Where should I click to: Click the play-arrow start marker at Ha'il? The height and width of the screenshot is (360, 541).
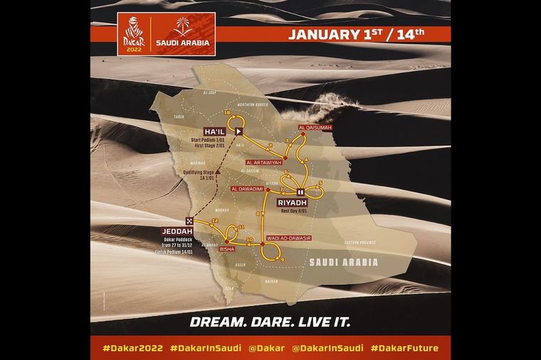[x=240, y=132]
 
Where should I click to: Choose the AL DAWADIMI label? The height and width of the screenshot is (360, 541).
[x=250, y=189]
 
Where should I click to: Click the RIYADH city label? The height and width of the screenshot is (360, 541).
[x=293, y=203]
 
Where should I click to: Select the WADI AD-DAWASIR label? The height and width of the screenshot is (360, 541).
[x=288, y=236]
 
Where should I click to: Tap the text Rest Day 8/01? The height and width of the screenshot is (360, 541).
[x=294, y=211]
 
